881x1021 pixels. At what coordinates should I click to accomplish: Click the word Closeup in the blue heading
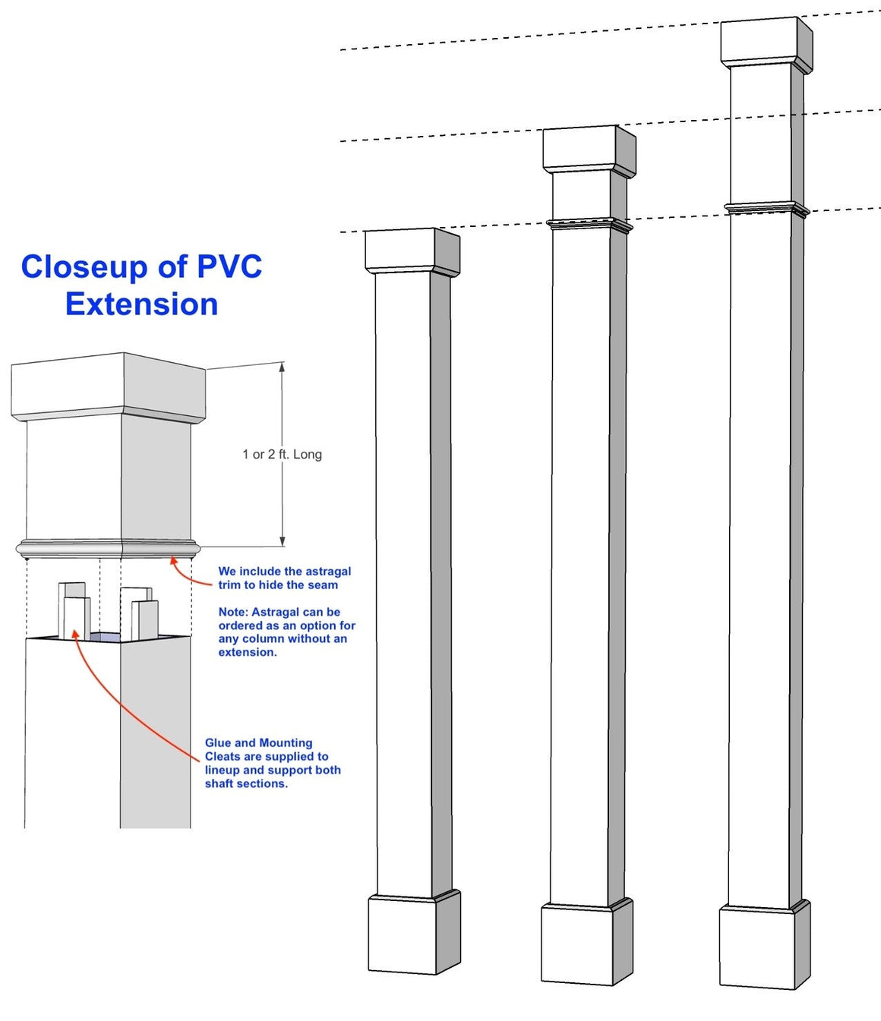[x=84, y=267]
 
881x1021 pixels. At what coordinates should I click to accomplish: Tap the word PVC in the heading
[x=229, y=267]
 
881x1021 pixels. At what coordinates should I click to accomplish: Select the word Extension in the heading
[x=142, y=304]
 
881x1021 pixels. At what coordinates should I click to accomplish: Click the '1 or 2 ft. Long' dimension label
[x=282, y=454]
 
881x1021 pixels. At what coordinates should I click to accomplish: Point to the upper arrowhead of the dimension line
[x=282, y=367]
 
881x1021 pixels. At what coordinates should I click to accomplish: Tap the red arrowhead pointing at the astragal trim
[x=173, y=561]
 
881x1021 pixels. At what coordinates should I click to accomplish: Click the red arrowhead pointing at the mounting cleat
[x=75, y=633]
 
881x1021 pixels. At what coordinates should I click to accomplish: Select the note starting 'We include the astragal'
[x=285, y=578]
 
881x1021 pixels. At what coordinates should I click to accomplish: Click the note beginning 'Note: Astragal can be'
[x=286, y=632]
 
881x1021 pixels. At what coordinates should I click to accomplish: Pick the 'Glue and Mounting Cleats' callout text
[x=273, y=763]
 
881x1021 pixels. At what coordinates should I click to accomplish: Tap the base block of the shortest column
[x=414, y=934]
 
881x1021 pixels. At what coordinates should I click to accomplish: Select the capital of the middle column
[x=589, y=149]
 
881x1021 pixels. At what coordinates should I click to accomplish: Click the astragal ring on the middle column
[x=589, y=224]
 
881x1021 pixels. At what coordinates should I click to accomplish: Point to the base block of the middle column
[x=586, y=944]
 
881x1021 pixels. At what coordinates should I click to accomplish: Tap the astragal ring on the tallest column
[x=766, y=206]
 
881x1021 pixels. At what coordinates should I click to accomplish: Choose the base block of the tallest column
[x=764, y=947]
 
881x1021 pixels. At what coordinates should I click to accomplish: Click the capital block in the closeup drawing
[x=109, y=387]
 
